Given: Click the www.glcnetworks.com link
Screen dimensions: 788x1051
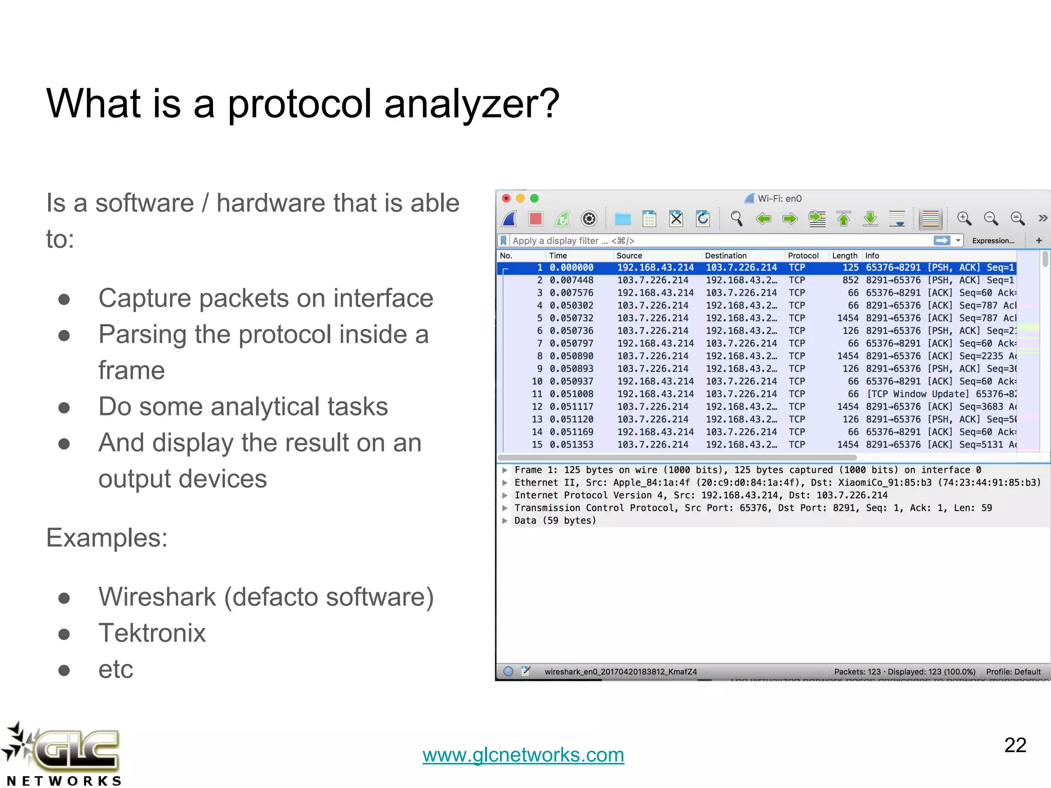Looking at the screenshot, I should pos(523,755).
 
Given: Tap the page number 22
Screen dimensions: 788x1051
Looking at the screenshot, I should pos(1015,745).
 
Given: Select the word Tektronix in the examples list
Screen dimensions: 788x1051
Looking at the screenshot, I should pos(152,633).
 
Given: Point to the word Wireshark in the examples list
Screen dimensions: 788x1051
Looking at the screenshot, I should pos(157,597).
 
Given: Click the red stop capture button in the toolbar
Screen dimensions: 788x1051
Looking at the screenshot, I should pos(535,219).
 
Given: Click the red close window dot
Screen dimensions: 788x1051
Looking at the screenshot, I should pos(506,199).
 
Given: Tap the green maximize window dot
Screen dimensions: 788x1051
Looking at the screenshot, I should pos(534,199).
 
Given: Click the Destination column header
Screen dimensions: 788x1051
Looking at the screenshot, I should pos(725,255).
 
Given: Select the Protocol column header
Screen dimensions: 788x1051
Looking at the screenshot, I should pos(803,255).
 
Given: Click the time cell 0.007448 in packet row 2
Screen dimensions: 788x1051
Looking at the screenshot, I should pos(571,280).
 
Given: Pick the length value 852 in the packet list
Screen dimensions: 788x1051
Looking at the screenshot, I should pos(850,280).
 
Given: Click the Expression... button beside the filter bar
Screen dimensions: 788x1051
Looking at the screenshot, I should pos(993,241).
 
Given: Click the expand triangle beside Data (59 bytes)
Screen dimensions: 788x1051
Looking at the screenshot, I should pos(505,521).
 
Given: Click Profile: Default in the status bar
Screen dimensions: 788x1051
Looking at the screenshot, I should pos(1013,672).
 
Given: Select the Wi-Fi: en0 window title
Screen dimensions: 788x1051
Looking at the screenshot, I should pos(779,199).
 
